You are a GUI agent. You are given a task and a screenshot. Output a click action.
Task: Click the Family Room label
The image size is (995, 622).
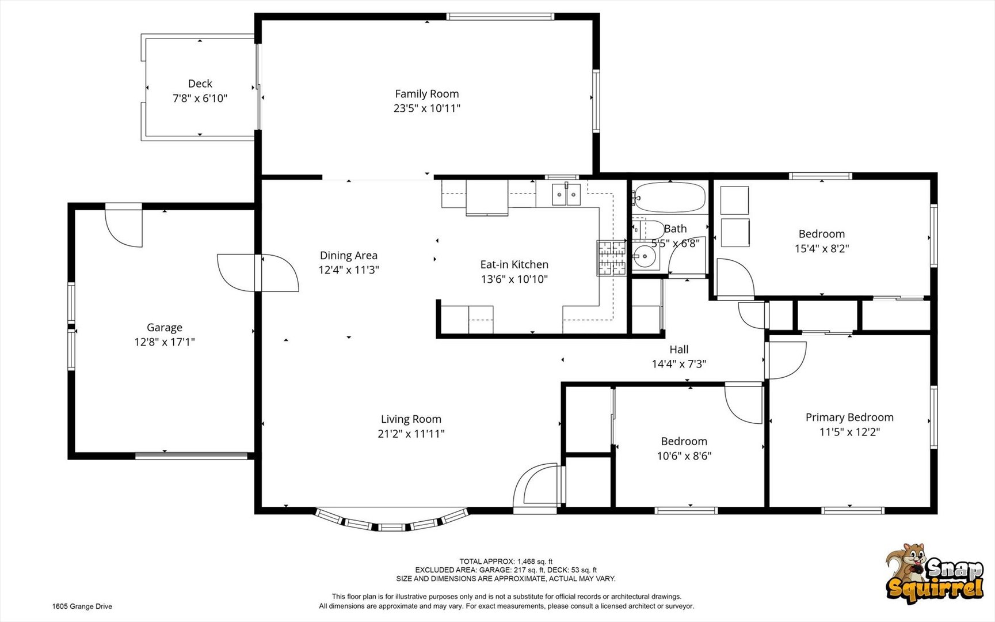click(x=426, y=94)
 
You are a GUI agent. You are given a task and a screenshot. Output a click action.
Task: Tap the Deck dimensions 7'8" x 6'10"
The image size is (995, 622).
click(x=200, y=98)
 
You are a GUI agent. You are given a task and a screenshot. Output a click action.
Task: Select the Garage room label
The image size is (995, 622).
click(x=164, y=328)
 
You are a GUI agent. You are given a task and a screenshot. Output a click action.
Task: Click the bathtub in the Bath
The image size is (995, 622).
click(x=669, y=197)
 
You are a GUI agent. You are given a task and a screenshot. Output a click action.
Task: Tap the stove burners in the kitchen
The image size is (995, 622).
click(x=611, y=257)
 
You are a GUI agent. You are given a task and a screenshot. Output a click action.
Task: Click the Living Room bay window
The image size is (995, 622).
click(x=392, y=519)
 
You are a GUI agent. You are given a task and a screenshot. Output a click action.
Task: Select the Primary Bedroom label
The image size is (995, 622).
click(x=849, y=418)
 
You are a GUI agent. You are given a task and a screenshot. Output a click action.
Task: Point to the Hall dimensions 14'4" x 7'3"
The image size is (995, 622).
click(x=678, y=364)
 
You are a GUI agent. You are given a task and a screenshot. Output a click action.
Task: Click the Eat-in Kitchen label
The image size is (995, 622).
click(x=514, y=265)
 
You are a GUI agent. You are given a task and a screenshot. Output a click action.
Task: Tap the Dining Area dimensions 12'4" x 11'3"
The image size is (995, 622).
click(x=349, y=270)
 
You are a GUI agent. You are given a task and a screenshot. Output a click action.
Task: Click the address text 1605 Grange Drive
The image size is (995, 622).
click(x=82, y=606)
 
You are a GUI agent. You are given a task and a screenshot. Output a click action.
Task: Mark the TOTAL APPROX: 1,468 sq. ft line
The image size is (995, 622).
click(x=506, y=562)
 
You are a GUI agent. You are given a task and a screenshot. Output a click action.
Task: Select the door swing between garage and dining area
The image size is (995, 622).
click(x=257, y=273)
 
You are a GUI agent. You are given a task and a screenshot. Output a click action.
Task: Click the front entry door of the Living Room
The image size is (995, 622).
click(x=536, y=486)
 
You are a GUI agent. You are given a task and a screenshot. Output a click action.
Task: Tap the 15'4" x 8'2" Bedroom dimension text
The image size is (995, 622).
click(x=821, y=249)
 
